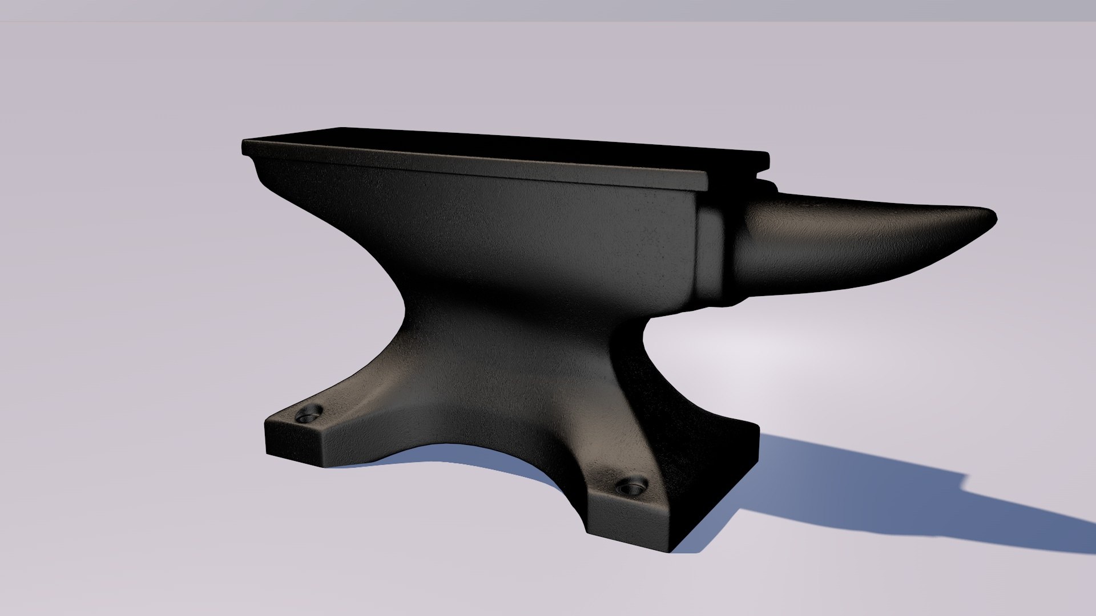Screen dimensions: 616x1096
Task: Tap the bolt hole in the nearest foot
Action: tap(631, 488)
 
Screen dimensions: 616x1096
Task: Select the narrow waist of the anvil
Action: tap(514, 319)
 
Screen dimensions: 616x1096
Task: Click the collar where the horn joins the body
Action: tap(714, 251)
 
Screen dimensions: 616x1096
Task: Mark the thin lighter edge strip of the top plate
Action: tap(474, 165)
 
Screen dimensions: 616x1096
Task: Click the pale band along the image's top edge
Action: tap(548, 10)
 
